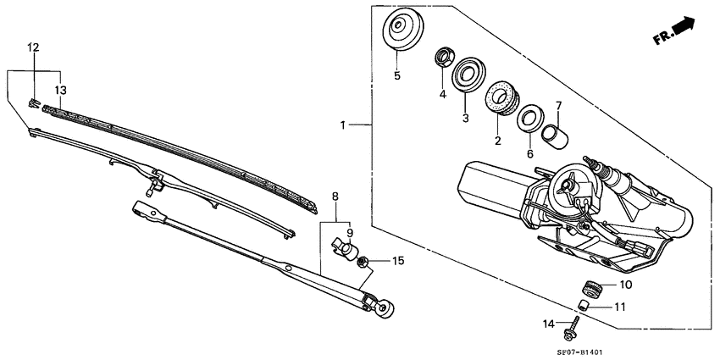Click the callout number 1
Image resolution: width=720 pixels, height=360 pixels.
tap(343, 125)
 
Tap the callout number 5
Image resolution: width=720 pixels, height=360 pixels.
tap(396, 75)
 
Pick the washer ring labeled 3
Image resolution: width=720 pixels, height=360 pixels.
tap(466, 74)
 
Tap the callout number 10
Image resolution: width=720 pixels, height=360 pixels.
tap(626, 285)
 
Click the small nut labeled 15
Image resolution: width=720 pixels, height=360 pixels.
tap(362, 262)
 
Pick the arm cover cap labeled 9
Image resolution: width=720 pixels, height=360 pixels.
tap(342, 246)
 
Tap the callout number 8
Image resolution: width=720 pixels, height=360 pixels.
tap(335, 197)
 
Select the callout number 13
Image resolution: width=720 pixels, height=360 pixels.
tap(60, 90)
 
